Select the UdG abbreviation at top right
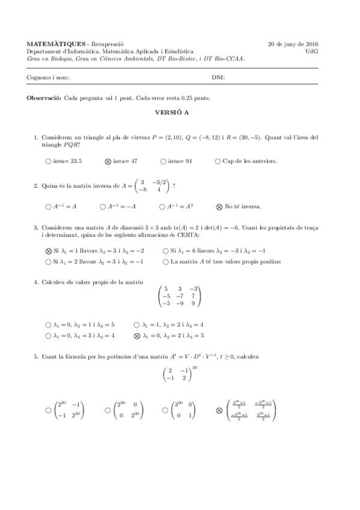point(312,52)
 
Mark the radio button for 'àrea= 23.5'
point(48,161)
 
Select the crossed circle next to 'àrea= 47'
point(108,161)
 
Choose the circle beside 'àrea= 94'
point(163,161)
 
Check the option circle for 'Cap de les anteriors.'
point(218,161)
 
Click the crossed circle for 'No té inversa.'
point(219,206)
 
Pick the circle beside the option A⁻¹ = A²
point(162,206)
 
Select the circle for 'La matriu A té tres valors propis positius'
point(166,262)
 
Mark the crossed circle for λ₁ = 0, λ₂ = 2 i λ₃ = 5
point(137,336)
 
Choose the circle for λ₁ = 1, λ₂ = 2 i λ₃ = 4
point(137,325)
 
